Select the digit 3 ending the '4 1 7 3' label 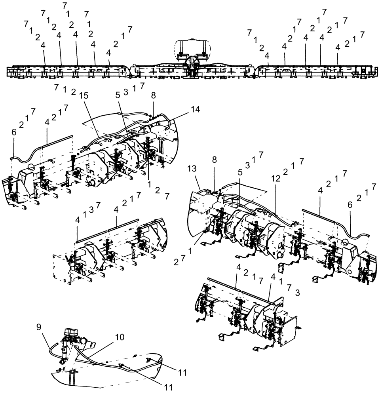tap(298, 292)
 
